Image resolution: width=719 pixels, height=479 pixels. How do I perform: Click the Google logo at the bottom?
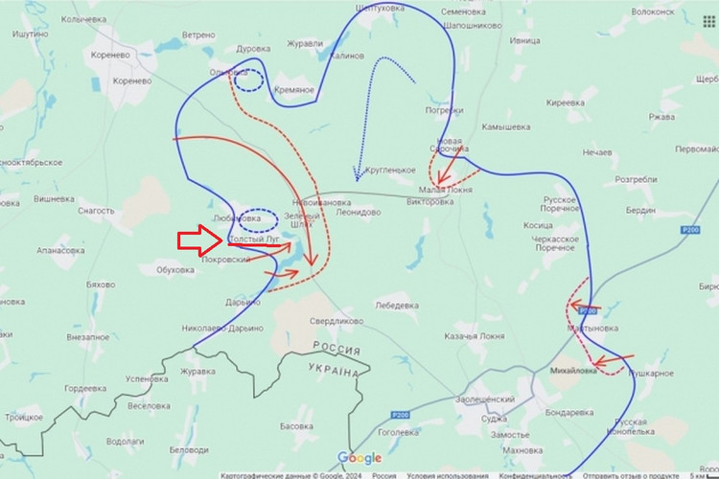pyautogui.click(x=359, y=458)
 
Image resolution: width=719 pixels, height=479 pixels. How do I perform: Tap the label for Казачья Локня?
pyautogui.click(x=474, y=337)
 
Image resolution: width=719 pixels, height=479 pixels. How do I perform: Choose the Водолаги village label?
pyautogui.click(x=126, y=442)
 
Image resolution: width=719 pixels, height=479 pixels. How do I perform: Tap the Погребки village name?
pyautogui.click(x=444, y=110)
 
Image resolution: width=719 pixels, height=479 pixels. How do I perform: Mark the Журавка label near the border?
pyautogui.click(x=198, y=371)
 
